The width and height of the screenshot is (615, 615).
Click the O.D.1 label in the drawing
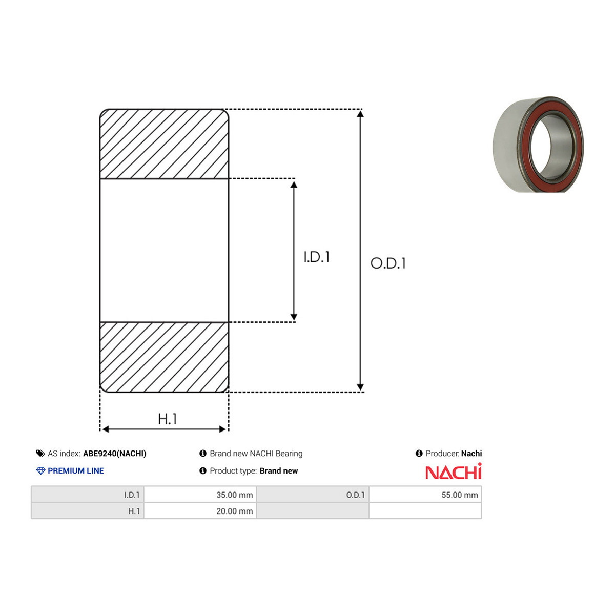coord(388,263)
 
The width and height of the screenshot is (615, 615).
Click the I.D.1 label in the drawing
coord(317,257)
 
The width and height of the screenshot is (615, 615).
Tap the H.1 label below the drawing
coord(167,419)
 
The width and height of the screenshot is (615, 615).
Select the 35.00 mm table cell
coord(200,495)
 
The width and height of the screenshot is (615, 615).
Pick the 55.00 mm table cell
coord(425,495)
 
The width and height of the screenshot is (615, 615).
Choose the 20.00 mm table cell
coord(200,511)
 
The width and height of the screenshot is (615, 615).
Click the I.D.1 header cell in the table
coord(88,495)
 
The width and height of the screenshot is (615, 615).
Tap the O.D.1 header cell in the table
coord(313,495)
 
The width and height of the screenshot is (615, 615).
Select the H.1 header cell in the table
coord(88,511)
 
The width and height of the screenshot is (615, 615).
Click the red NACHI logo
coord(454,471)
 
